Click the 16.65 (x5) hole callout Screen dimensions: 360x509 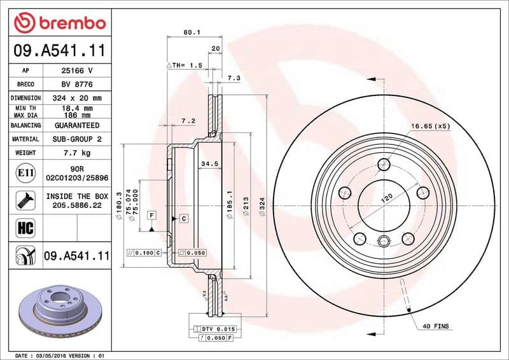430,126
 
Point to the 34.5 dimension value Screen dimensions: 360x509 209,164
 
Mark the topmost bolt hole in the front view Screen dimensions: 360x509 384,165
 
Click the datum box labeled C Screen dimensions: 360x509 183,219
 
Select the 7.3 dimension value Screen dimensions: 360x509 233,78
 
